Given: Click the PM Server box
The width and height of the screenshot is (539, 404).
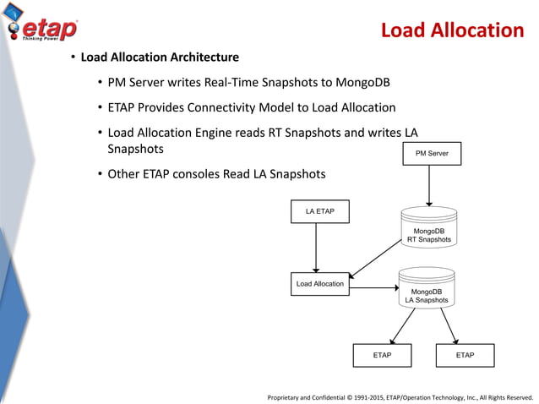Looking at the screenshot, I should (432, 154).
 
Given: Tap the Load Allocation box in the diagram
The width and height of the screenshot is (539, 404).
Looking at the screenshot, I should (319, 284).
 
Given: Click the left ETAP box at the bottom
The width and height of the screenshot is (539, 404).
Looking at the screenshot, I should (382, 355).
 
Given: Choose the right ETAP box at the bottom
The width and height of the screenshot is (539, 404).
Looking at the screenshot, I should (465, 355).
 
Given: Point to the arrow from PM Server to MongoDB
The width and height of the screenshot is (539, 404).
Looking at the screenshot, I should (432, 186).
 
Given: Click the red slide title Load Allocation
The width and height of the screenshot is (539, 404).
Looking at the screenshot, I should (452, 31).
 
